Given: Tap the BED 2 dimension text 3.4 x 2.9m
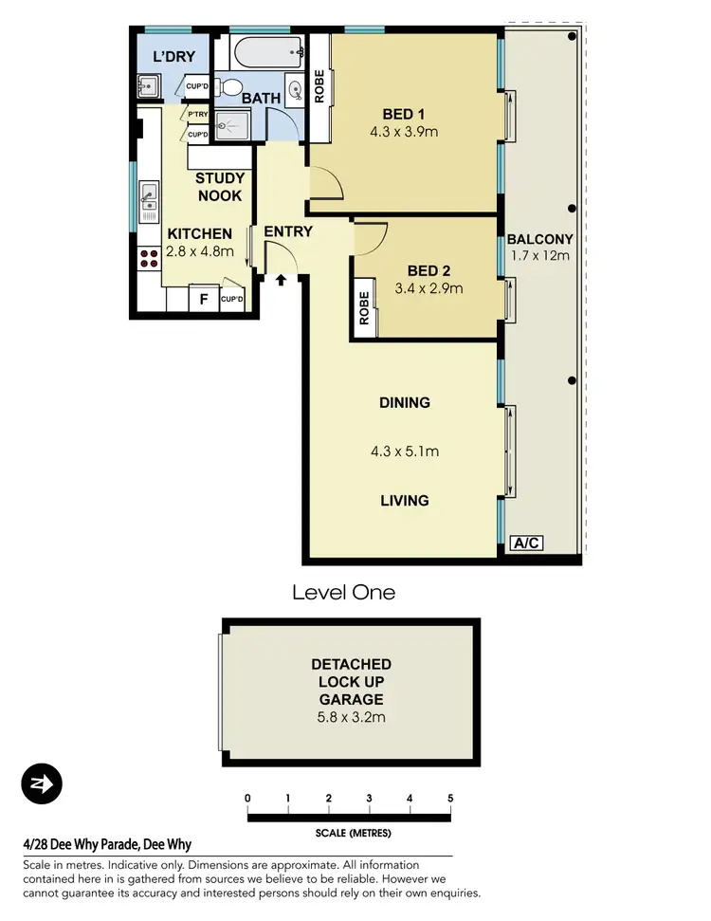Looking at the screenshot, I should pos(428,287).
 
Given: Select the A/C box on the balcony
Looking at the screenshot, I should pos(526,543).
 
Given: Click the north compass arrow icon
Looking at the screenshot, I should pos(41,784).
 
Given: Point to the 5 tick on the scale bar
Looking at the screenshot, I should pos(450,800).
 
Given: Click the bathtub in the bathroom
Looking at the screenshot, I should pos(267,49).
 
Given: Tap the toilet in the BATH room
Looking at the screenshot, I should pos(228,88).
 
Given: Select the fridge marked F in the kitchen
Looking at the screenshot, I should pos(202,301).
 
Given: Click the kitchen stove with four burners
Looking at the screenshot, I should pos(149,258).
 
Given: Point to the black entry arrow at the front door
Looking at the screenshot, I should pos(281,280).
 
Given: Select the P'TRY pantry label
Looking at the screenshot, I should pos(197,116).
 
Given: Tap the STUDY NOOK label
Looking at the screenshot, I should pos(220,187).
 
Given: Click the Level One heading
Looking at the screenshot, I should pos(343,593).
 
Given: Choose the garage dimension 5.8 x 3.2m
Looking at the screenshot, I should pos(351,718).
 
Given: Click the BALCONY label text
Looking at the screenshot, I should pos(539,239).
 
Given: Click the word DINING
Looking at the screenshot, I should pos(405,402).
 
